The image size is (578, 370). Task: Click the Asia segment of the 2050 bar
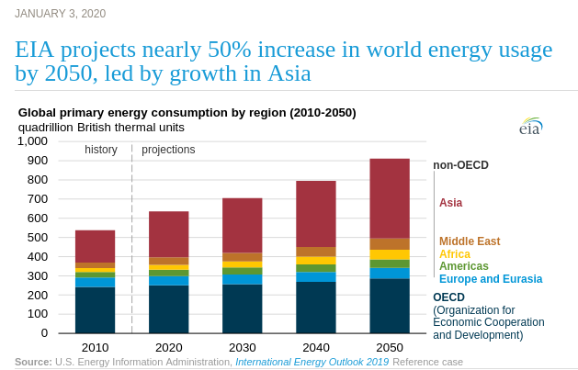389,198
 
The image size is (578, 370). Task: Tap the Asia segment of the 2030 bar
242,225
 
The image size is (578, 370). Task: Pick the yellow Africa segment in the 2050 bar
389,254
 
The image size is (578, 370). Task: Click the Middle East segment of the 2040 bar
315,252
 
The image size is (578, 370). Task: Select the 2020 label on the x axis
168,347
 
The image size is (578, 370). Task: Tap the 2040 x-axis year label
315,347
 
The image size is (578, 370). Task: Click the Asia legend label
450,203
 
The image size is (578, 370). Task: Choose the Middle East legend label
469,241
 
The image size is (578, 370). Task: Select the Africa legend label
454,254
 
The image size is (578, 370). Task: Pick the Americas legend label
463,266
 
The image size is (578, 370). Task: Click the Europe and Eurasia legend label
490,279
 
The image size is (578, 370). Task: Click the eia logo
530,127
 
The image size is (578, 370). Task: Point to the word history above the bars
101,150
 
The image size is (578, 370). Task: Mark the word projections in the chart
168,150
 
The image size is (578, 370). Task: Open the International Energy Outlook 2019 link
312,362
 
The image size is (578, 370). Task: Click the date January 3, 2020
60,13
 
